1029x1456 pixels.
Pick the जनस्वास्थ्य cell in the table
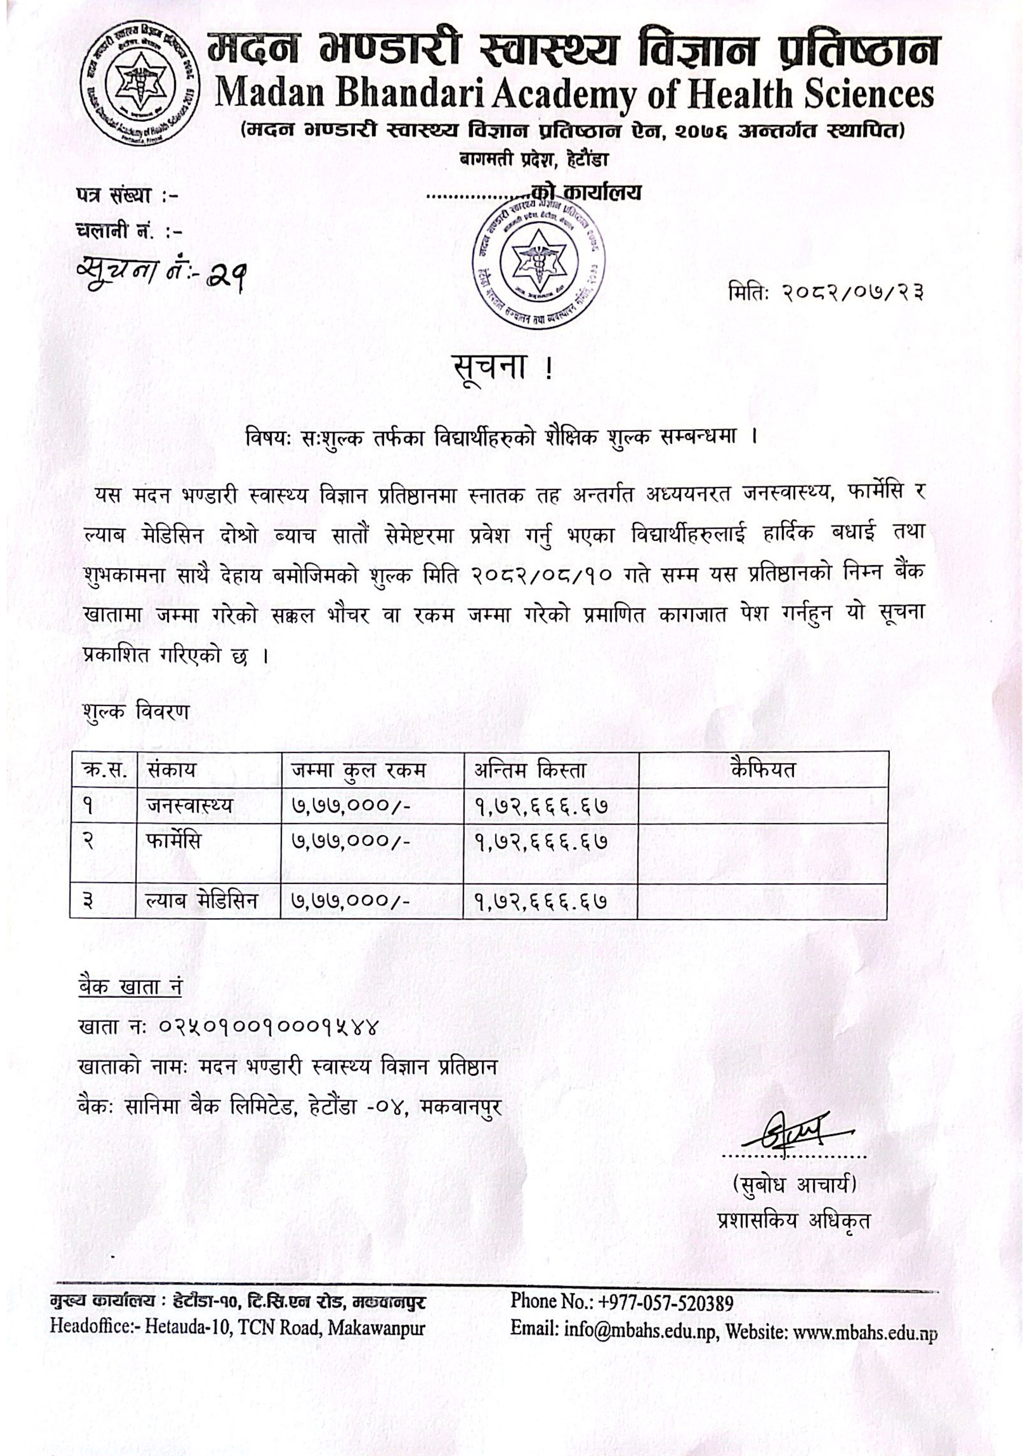[x=189, y=805]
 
